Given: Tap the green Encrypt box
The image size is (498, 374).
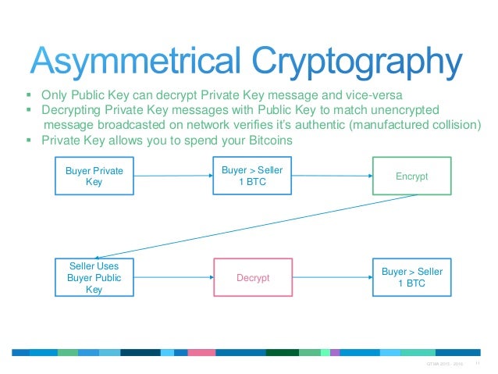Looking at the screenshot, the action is [x=412, y=176].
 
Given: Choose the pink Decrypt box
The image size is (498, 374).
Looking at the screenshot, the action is [x=252, y=278].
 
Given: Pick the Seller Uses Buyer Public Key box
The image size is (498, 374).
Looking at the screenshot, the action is [x=93, y=278].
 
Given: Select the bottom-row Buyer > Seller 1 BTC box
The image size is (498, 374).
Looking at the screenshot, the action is [x=412, y=277].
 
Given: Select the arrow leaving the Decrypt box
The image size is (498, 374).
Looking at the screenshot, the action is [x=333, y=278].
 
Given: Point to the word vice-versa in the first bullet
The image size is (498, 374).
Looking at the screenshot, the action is [x=379, y=97].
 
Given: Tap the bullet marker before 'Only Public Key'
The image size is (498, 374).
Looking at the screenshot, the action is [x=27, y=98].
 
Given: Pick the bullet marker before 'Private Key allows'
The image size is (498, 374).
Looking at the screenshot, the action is [x=27, y=141].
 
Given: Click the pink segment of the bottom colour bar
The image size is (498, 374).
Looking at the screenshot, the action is [x=201, y=352].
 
